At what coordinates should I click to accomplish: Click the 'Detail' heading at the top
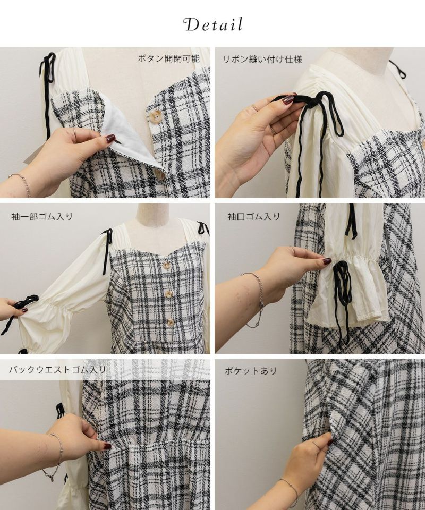tap(213, 24)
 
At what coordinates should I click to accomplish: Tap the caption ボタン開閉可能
tap(168, 58)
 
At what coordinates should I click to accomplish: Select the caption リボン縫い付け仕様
tap(262, 59)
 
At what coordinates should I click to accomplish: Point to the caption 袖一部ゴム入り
tap(42, 216)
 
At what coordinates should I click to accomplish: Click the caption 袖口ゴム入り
tap(253, 216)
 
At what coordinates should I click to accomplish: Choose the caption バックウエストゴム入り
tap(57, 370)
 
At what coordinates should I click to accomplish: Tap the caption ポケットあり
tap(250, 371)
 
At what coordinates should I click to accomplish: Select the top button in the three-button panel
tap(166, 265)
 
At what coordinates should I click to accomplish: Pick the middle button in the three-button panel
tap(168, 294)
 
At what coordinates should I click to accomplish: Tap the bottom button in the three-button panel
tap(170, 322)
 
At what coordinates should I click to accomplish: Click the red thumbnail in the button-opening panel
tap(110, 139)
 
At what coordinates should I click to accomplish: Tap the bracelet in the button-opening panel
tap(22, 183)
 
